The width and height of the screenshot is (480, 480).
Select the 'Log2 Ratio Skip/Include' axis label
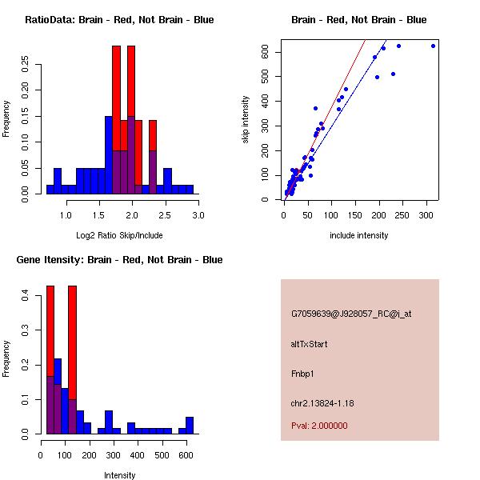click(x=119, y=235)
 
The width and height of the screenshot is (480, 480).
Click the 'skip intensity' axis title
click(x=246, y=120)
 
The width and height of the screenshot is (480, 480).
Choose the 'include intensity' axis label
click(x=359, y=235)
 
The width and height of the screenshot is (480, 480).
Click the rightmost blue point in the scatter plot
click(x=433, y=46)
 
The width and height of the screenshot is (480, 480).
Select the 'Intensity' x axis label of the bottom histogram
click(x=119, y=475)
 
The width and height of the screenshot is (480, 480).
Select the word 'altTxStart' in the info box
click(x=309, y=344)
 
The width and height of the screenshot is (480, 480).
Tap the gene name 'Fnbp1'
click(x=302, y=373)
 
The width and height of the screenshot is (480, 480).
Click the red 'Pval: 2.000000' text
click(x=319, y=426)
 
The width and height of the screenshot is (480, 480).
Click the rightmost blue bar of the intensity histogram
click(x=190, y=426)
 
